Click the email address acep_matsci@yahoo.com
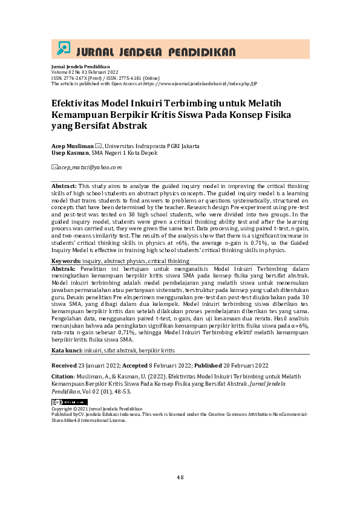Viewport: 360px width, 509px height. coord(89,167)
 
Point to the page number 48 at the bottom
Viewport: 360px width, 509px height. coord(180,478)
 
